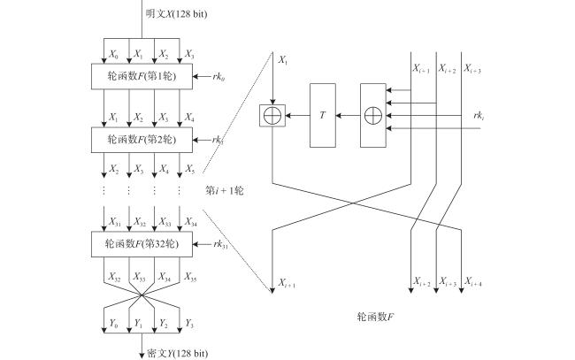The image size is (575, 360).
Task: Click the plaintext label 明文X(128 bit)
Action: tap(176, 14)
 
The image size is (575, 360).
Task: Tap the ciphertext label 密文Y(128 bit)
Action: tap(178, 354)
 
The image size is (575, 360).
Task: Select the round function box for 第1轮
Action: tap(142, 76)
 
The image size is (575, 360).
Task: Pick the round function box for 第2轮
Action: tap(142, 140)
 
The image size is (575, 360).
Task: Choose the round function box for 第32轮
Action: tap(142, 244)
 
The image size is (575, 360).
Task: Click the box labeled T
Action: tap(323, 115)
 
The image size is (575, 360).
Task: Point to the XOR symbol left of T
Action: tap(272, 116)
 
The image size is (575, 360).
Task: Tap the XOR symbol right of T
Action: tap(373, 116)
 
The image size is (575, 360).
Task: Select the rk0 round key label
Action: tap(218, 77)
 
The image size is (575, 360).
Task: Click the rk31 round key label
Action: tap(220, 244)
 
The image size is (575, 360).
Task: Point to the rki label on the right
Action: tap(479, 116)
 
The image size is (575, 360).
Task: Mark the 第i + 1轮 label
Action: tap(224, 191)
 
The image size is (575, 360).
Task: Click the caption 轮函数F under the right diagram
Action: tap(375, 317)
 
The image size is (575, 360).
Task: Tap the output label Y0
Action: tap(113, 324)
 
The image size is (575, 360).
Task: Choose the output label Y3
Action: tap(189, 324)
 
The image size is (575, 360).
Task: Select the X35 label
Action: tap(190, 277)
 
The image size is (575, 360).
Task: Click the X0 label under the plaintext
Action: tap(114, 55)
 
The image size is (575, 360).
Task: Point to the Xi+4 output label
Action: tap(473, 281)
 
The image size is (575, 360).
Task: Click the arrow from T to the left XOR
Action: tap(297, 116)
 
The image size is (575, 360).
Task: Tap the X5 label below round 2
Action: tap(189, 169)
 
